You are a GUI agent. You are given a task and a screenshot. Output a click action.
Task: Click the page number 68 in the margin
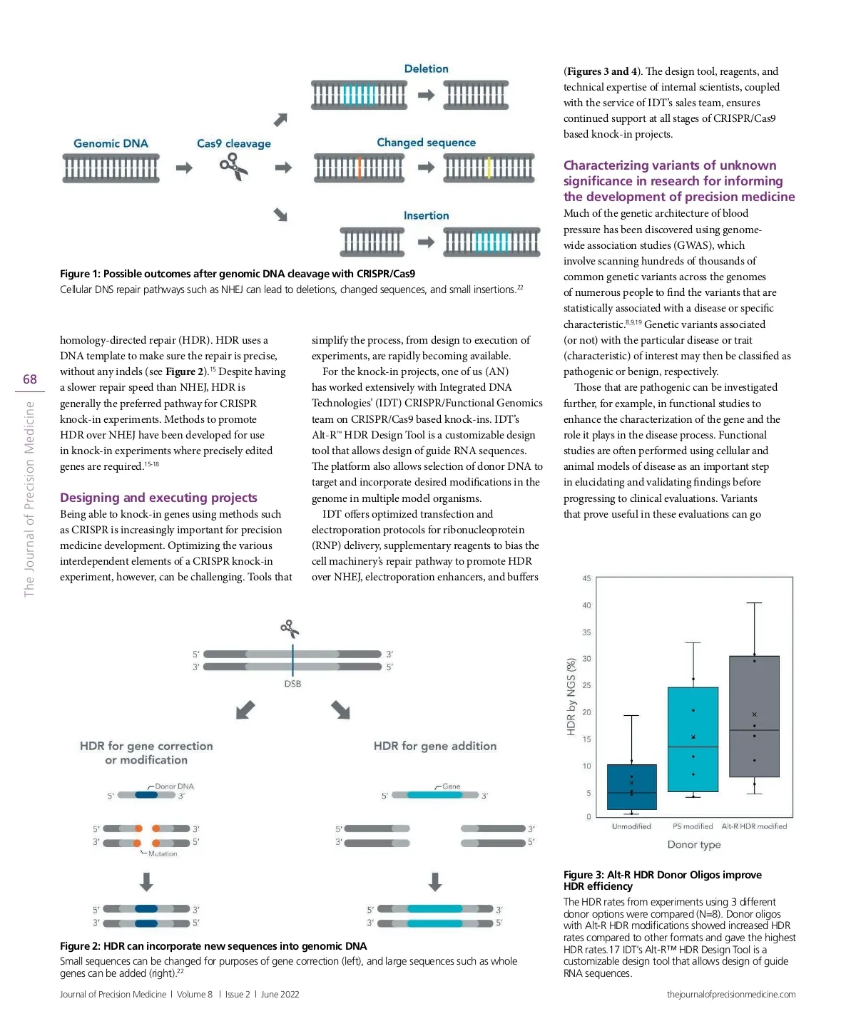point(30,379)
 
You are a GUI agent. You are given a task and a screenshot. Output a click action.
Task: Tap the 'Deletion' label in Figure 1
point(426,68)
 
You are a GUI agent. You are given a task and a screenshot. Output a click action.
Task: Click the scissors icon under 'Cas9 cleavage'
point(233,168)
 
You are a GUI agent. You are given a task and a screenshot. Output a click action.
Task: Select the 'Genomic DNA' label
point(111,143)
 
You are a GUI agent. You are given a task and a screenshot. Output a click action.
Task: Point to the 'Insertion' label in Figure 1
point(426,215)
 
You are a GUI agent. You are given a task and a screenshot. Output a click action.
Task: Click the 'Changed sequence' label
point(426,143)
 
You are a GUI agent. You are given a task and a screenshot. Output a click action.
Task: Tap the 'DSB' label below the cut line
point(292,684)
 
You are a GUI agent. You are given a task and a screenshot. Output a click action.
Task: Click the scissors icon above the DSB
point(289,628)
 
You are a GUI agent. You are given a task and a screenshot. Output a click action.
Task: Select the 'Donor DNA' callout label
point(174,786)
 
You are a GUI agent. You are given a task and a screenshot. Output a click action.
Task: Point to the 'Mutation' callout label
point(163,853)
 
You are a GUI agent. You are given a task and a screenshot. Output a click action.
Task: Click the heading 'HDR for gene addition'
point(435,746)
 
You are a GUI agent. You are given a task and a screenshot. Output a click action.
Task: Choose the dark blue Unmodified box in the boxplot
point(631,786)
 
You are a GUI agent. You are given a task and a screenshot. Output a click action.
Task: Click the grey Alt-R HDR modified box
point(754,716)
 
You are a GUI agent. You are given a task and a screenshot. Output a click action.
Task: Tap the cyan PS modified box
point(693,739)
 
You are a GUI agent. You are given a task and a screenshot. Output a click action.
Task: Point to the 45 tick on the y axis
point(586,578)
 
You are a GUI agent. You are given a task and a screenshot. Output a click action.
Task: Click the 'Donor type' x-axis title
point(693,845)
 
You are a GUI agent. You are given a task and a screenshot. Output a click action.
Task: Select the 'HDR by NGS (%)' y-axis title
point(571,697)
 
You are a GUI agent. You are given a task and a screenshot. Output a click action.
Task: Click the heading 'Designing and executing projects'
point(158,498)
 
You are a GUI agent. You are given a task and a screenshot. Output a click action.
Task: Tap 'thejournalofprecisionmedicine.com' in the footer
point(731,994)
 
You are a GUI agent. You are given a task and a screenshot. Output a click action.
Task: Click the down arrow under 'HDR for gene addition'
point(435,882)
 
